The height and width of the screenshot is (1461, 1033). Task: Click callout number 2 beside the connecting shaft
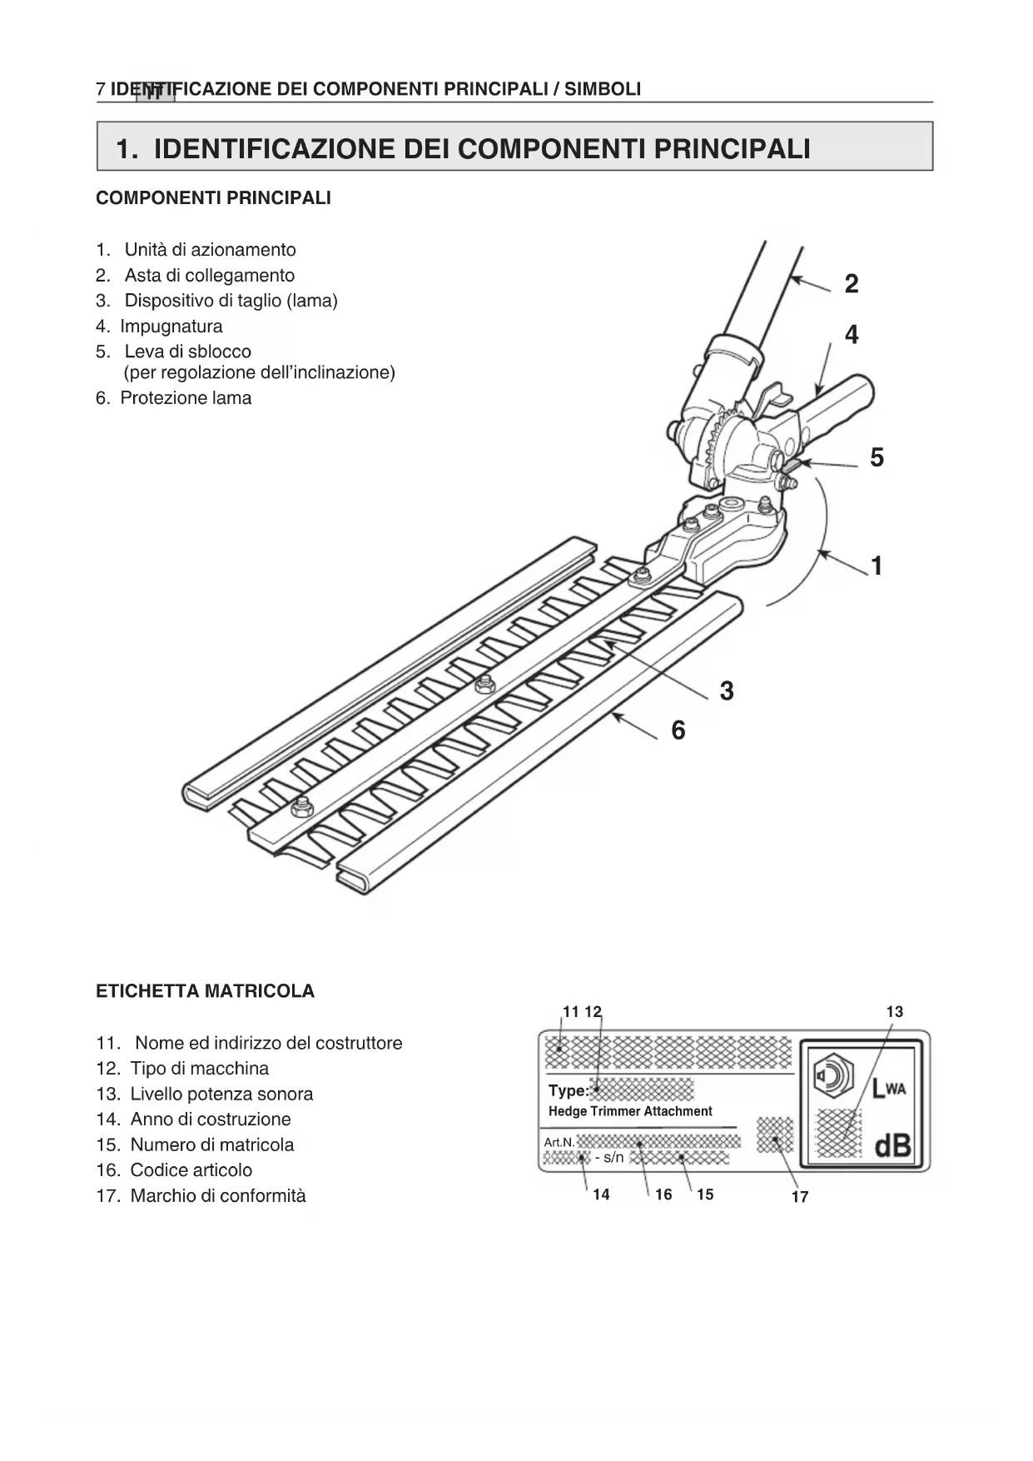[851, 284]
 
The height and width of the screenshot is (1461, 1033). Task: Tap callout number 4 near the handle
[852, 335]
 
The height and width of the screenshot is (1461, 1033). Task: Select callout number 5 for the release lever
[877, 457]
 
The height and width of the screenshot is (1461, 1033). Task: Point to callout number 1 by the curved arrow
[877, 566]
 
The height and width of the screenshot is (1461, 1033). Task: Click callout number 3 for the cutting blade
[727, 691]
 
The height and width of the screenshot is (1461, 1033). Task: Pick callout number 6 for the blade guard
[678, 730]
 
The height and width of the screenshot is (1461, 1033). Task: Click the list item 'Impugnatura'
[171, 327]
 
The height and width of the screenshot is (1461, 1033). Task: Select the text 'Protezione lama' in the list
[186, 398]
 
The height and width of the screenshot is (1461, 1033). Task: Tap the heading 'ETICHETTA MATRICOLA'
[206, 991]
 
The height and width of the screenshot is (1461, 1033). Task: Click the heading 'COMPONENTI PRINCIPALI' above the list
[214, 198]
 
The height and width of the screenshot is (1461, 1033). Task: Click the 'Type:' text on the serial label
[569, 1090]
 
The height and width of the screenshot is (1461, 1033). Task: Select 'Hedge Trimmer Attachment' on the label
[630, 1111]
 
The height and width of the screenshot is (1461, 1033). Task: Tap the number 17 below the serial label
[800, 1197]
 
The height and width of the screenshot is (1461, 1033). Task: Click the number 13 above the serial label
[895, 1012]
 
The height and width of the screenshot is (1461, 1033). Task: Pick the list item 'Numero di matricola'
[212, 1144]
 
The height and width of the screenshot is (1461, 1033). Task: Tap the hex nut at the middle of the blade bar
[484, 685]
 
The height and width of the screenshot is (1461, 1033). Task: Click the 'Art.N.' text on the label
[559, 1142]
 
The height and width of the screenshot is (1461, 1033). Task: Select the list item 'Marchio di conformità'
[218, 1196]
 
